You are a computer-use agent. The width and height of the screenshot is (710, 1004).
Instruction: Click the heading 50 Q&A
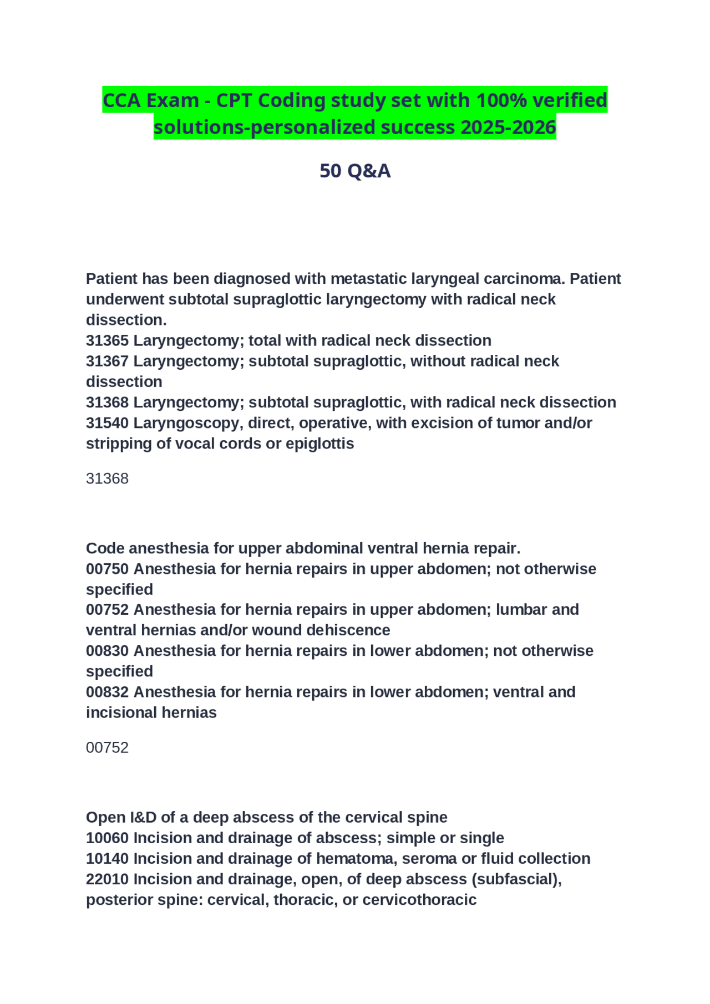pyautogui.click(x=355, y=171)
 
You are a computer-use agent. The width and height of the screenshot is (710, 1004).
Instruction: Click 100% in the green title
pyautogui.click(x=501, y=100)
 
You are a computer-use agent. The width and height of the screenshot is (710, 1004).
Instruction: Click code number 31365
pyautogui.click(x=107, y=340)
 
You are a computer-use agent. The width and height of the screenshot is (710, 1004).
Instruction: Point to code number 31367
pyautogui.click(x=107, y=361)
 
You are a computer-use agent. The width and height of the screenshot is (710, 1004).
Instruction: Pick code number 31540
pyautogui.click(x=107, y=423)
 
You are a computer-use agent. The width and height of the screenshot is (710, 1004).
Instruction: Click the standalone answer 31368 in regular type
pyautogui.click(x=107, y=478)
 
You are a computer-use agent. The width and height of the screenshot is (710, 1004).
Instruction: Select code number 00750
pyautogui.click(x=107, y=569)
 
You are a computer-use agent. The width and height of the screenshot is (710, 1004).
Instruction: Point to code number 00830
pyautogui.click(x=107, y=650)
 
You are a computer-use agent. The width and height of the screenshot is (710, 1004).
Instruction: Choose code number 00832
pyautogui.click(x=107, y=692)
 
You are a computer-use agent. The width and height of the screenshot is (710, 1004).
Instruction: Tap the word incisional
pyautogui.click(x=114, y=712)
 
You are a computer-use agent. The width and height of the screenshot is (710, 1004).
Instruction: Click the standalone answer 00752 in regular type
pyautogui.click(x=107, y=747)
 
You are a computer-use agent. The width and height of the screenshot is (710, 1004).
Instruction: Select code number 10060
pyautogui.click(x=107, y=838)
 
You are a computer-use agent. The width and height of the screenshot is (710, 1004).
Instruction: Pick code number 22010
pyautogui.click(x=107, y=879)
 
